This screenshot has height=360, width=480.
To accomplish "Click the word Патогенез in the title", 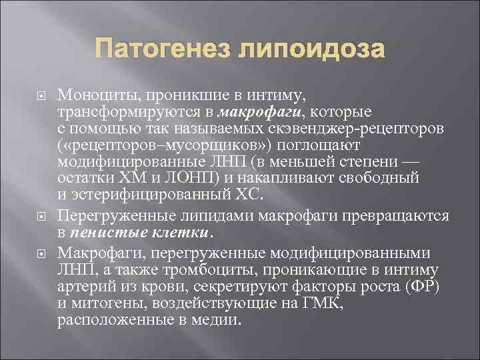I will point(166,49).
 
